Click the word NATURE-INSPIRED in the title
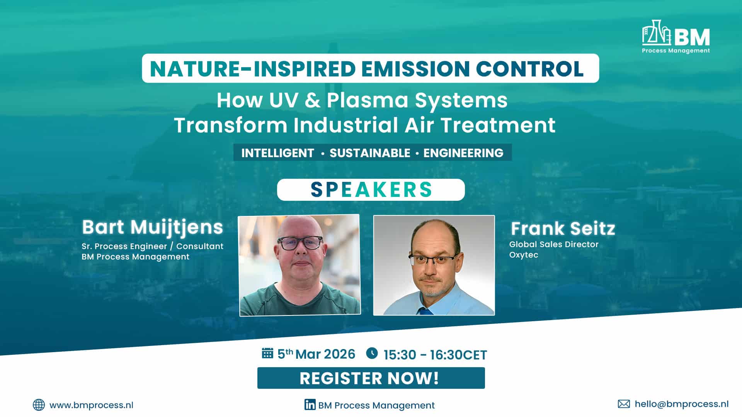coord(252,69)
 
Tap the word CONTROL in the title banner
coord(529,69)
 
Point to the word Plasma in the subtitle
coord(367,100)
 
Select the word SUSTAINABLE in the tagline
coord(370,153)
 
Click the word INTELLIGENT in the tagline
coord(277,153)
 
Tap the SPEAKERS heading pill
coord(371,190)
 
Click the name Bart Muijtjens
coord(152,227)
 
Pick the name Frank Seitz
coord(563,229)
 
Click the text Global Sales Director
coord(553,244)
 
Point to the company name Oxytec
coord(523,255)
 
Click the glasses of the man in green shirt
coord(300,243)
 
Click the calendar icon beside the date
coord(267,353)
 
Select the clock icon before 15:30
coord(372,353)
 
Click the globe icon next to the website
coord(39,405)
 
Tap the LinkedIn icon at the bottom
coord(310,404)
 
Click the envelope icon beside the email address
coord(624,404)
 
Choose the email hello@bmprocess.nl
coord(681,404)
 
